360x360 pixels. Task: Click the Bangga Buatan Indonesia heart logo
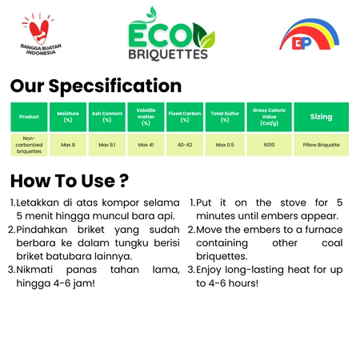click(x=41, y=34)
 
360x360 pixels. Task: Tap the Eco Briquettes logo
click(x=170, y=34)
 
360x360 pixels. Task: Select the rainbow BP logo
click(x=309, y=34)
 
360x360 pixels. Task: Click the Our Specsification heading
click(x=96, y=86)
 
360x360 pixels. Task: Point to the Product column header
click(x=29, y=117)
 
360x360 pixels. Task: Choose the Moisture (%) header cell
click(x=68, y=117)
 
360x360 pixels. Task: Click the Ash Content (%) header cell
click(x=107, y=117)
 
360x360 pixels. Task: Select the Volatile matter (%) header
click(x=146, y=117)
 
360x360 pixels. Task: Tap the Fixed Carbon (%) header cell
click(x=185, y=117)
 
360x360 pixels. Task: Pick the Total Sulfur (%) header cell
click(x=225, y=117)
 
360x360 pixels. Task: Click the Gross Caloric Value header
click(x=270, y=117)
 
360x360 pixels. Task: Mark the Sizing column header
click(x=322, y=117)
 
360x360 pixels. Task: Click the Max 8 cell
click(x=68, y=145)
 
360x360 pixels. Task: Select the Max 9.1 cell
click(x=107, y=145)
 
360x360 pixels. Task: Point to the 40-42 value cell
click(x=185, y=145)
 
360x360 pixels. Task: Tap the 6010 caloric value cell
click(x=270, y=145)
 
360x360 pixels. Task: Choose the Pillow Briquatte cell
click(x=322, y=145)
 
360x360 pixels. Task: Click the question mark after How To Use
click(x=124, y=181)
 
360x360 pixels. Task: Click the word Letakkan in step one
click(x=38, y=202)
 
